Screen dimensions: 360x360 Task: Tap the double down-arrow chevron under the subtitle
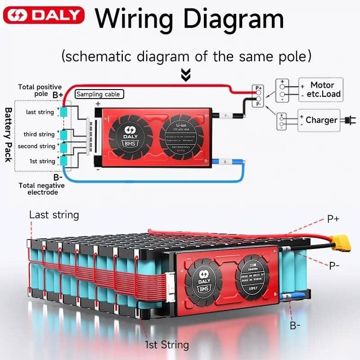click(185, 75)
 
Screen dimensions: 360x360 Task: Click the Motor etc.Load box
click(320, 90)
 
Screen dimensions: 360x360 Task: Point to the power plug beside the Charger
click(347, 120)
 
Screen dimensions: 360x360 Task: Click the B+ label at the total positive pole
click(58, 95)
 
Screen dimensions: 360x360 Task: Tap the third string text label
click(39, 134)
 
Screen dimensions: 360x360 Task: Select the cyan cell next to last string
click(64, 112)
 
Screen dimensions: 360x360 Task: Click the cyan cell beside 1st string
click(64, 161)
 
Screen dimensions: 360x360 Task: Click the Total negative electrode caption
click(41, 189)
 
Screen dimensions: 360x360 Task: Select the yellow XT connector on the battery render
click(341, 244)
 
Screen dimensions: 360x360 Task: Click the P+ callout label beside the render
click(333, 219)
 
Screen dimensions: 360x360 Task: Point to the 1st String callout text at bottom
click(166, 345)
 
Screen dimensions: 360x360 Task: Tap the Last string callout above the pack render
click(54, 215)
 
